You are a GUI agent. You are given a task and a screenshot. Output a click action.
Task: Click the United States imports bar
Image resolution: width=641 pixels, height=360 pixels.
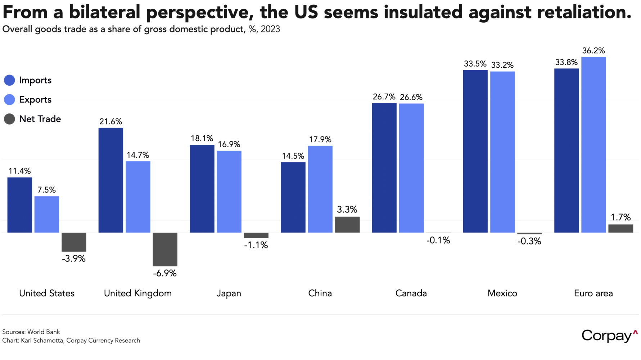pyautogui.click(x=20, y=205)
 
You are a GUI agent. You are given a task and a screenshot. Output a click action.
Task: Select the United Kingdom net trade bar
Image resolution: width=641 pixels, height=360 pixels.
pyautogui.click(x=165, y=249)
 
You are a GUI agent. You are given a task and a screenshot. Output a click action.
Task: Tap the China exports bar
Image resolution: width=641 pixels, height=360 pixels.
pyautogui.click(x=320, y=189)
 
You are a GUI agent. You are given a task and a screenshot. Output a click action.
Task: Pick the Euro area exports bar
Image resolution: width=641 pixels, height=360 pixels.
pyautogui.click(x=593, y=144)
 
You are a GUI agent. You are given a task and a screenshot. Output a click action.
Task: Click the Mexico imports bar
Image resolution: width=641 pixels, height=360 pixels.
pyautogui.click(x=475, y=151)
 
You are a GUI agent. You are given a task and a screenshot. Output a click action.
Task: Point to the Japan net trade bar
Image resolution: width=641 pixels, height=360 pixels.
pyautogui.click(x=256, y=235)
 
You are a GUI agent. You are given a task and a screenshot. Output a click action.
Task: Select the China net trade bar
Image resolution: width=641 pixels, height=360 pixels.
pyautogui.click(x=347, y=224)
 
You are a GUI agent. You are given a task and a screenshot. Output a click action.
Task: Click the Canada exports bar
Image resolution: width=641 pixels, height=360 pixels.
pyautogui.click(x=411, y=168)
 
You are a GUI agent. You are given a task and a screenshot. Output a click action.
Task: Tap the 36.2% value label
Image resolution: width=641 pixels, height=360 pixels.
pyautogui.click(x=593, y=51)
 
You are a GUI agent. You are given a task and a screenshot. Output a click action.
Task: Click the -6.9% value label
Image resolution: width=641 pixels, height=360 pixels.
pyautogui.click(x=165, y=274)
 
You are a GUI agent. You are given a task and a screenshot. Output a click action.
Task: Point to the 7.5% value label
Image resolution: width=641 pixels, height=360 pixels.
pyautogui.click(x=47, y=190)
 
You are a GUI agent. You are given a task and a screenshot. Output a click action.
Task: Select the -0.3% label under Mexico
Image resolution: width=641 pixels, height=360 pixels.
pyautogui.click(x=529, y=242)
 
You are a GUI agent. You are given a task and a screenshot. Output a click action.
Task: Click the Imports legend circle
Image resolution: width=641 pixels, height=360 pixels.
pyautogui.click(x=9, y=80)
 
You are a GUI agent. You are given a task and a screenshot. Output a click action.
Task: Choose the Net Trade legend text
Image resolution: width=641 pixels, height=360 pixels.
pyautogui.click(x=40, y=119)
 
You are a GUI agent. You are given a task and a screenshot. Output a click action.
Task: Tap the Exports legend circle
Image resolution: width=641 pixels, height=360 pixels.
pyautogui.click(x=9, y=100)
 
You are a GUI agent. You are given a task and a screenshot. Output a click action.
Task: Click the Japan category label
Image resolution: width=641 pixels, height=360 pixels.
pyautogui.click(x=229, y=293)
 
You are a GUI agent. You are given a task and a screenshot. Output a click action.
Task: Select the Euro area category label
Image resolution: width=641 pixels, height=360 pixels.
pyautogui.click(x=593, y=293)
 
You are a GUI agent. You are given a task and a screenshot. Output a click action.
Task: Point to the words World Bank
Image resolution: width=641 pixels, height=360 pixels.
pyautogui.click(x=44, y=332)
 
